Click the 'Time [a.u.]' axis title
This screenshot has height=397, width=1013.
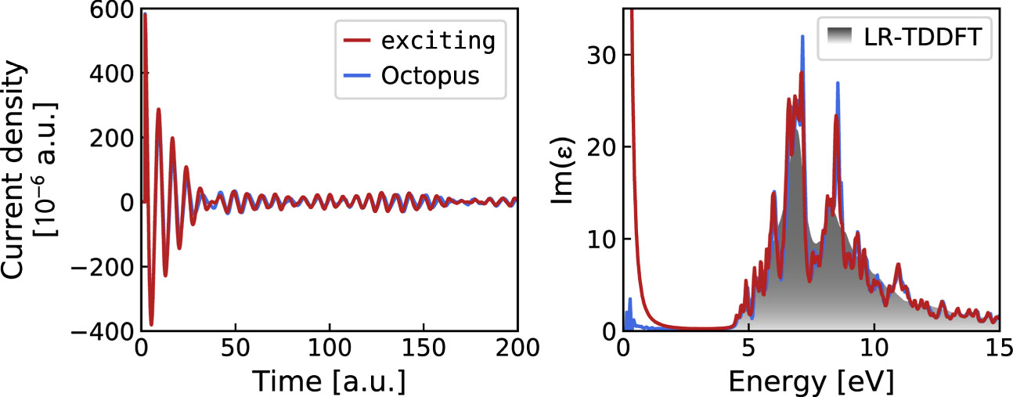pyautogui.click(x=328, y=381)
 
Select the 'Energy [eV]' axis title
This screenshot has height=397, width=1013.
pyautogui.click(x=810, y=381)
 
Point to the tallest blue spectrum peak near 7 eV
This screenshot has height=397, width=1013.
pyautogui.click(x=802, y=36)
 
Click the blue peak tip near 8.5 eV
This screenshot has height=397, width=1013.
pyautogui.click(x=838, y=82)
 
